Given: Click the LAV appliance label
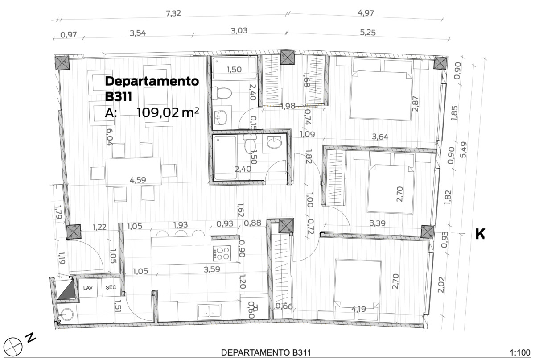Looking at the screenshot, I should [88, 288].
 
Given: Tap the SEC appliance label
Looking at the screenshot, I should [111, 288].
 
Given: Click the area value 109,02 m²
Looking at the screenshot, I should [167, 112].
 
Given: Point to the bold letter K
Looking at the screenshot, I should [480, 234].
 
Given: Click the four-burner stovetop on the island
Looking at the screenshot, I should [222, 253].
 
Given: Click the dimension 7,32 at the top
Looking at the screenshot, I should [173, 14].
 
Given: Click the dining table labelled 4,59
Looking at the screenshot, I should [133, 172].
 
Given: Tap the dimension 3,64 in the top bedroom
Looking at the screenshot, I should [380, 137].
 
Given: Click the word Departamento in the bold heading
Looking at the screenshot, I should [152, 81].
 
